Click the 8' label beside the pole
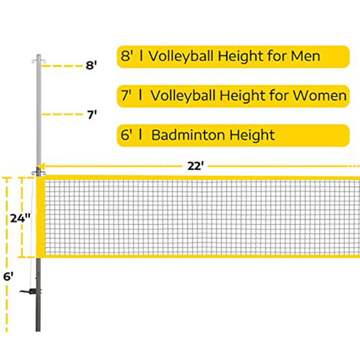pyautogui.click(x=91, y=65)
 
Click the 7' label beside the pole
pyautogui.click(x=92, y=115)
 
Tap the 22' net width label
pyautogui.click(x=195, y=166)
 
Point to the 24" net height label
pyautogui.click(x=20, y=218)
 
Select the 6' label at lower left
pyautogui.click(x=8, y=276)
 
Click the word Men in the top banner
pyautogui.click(x=306, y=56)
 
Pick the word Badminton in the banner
pyautogui.click(x=189, y=135)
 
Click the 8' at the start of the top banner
pyautogui.click(x=127, y=56)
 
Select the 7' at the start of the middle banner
pyautogui.click(x=126, y=95)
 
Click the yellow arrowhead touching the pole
pyautogui.click(x=40, y=166)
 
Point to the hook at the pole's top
pyautogui.click(x=39, y=61)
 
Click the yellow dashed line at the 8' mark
pyautogui.click(x=62, y=66)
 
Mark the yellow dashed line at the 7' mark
pyautogui.click(x=62, y=114)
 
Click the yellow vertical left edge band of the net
pyautogui.click(x=40, y=217)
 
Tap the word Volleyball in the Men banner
pyautogui.click(x=181, y=56)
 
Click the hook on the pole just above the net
pyautogui.click(x=38, y=173)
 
